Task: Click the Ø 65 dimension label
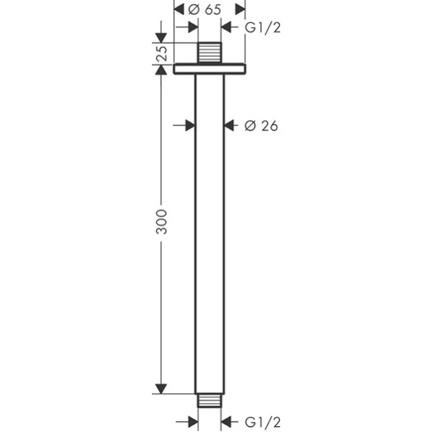click(x=204, y=10)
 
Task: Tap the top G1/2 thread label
click(x=263, y=27)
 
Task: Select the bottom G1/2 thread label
click(x=263, y=422)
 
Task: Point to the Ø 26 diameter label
click(x=261, y=126)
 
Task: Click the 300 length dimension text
click(x=161, y=222)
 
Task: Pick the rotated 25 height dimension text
click(x=161, y=53)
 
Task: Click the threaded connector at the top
click(x=210, y=53)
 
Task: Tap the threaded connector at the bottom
click(x=210, y=400)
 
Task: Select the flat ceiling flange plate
click(x=210, y=69)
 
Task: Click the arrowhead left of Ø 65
click(x=179, y=9)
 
